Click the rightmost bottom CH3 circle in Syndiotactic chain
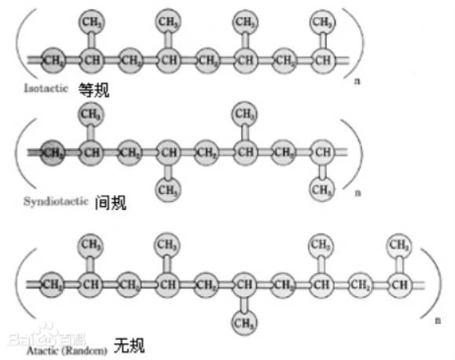[x=321, y=189]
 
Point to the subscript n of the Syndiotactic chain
[x=358, y=192]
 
